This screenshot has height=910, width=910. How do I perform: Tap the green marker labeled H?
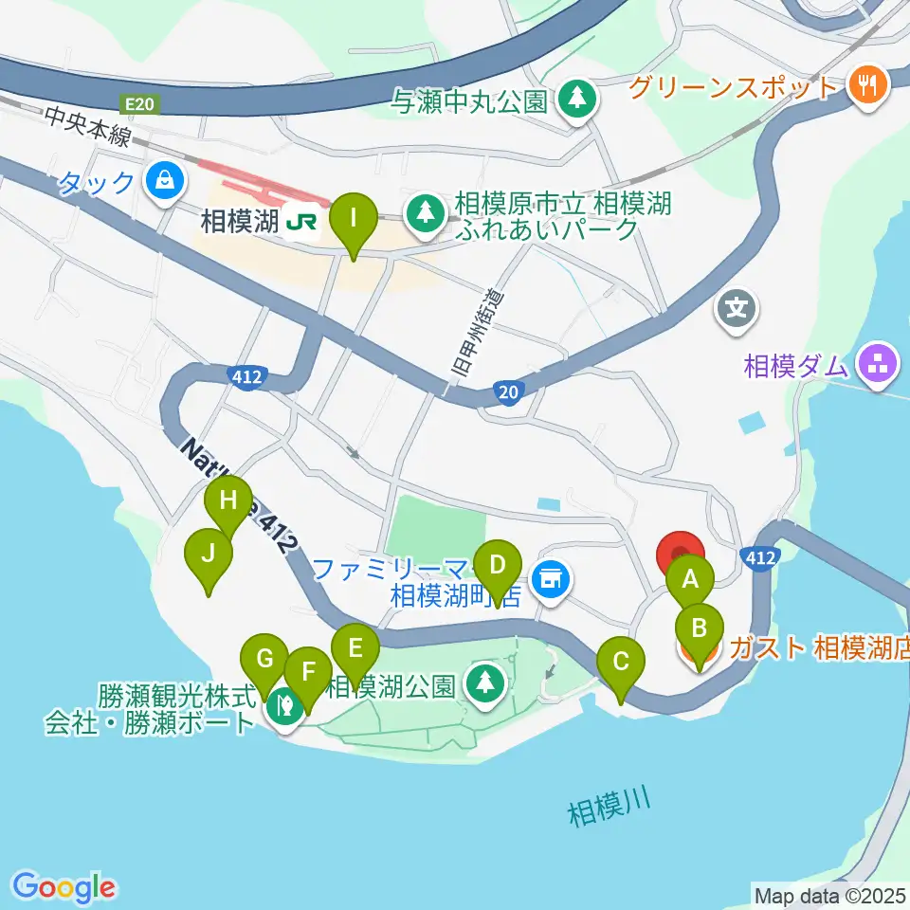pyautogui.click(x=228, y=500)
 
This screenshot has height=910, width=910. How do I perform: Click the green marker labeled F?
pyautogui.click(x=307, y=673)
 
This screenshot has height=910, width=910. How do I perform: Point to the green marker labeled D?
pyautogui.click(x=498, y=567)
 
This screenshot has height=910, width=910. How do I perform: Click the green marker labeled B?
pyautogui.click(x=699, y=629)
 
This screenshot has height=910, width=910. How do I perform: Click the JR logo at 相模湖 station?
pyautogui.click(x=302, y=222)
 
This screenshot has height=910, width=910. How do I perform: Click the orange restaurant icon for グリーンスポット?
pyautogui.click(x=866, y=86)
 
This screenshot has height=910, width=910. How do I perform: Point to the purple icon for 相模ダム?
pyautogui.click(x=877, y=365)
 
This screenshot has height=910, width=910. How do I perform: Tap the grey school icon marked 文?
pyautogui.click(x=737, y=309)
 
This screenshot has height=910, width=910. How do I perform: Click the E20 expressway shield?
pyautogui.click(x=136, y=102)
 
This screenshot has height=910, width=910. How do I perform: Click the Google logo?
pyautogui.click(x=64, y=887)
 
